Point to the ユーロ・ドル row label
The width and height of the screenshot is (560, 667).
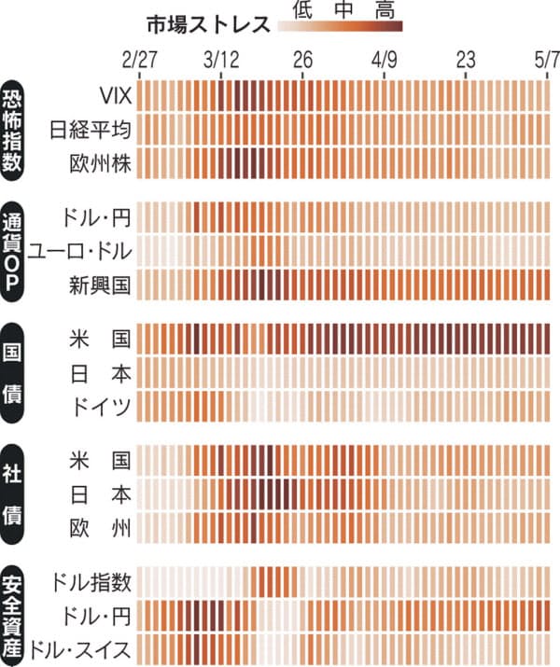pyautogui.click(x=80, y=250)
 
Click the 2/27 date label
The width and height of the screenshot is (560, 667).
pyautogui.click(x=140, y=61)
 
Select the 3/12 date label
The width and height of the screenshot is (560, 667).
pyautogui.click(x=221, y=61)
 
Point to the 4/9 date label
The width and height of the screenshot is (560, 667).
pyautogui.click(x=385, y=61)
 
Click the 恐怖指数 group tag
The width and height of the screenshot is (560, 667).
pyautogui.click(x=16, y=128)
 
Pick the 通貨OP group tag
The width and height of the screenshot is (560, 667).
pyautogui.click(x=16, y=249)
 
